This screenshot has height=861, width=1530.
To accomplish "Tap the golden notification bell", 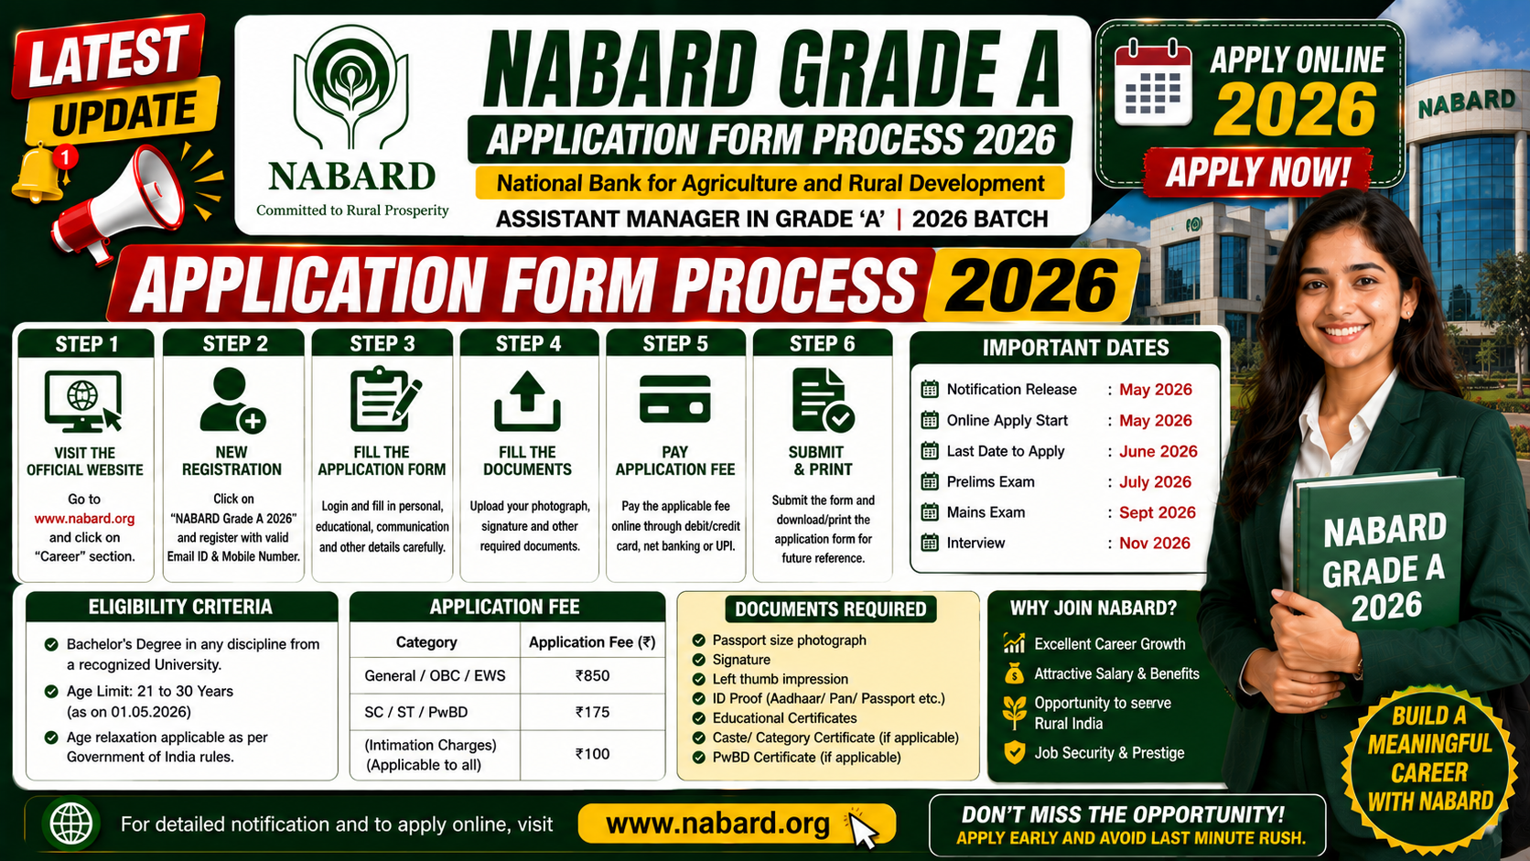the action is coord(39,174).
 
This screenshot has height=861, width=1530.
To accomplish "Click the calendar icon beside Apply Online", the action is coord(1153,83).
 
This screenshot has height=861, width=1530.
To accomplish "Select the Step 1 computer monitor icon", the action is coord(83,402).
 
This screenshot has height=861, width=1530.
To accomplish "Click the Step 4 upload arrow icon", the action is coord(527,401).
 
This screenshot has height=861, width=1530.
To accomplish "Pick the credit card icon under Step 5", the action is coord(674,399).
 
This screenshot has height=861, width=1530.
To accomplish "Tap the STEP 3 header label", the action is coord(382,343).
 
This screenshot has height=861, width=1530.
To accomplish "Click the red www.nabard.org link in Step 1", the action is coord(85,518).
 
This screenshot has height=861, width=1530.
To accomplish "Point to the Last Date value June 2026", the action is coord(1158,451).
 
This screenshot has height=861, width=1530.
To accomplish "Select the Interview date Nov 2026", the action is coord(1154,543).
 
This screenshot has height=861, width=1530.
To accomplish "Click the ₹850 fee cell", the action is coord(592,676).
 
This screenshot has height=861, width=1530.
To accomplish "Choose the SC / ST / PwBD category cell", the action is coord(416,712).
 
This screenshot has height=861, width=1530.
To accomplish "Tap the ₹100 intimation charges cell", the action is coord(592,755).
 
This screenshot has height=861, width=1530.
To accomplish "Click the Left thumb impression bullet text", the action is coord(780,680).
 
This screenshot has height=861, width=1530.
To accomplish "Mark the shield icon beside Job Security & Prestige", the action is coord(1015,752).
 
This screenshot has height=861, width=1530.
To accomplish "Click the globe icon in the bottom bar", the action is coord(71,823).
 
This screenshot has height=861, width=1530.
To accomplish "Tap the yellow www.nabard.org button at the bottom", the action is coord(737,824).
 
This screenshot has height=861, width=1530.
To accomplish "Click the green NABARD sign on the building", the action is coord(1466,103).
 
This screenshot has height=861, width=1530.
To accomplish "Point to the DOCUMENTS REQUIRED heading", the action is coord(831,609).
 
